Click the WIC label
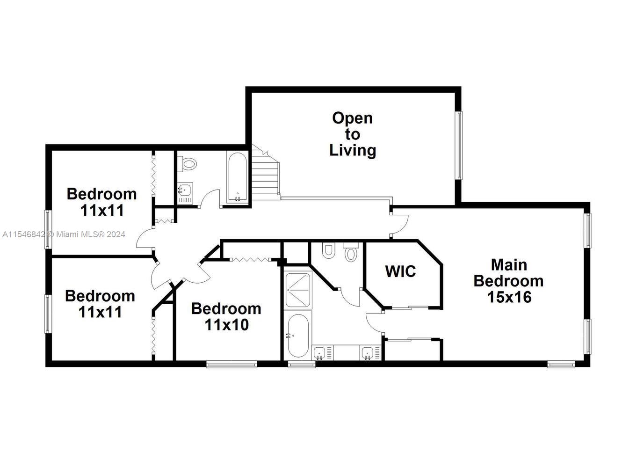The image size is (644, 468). click(x=400, y=271)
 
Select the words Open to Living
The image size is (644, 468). click(x=353, y=134)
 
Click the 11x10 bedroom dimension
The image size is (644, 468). click(x=226, y=325)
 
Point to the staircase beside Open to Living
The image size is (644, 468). click(x=266, y=173)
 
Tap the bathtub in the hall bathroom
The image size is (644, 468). click(x=238, y=177)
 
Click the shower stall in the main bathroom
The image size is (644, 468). click(x=298, y=290)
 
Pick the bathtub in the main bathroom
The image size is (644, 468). click(x=298, y=336)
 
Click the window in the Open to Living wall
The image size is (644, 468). click(x=460, y=146)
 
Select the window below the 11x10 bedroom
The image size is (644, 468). click(x=232, y=365)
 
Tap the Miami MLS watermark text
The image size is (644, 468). click(x=64, y=234)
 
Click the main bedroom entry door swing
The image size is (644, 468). click(x=400, y=225)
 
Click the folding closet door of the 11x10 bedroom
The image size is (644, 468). click(x=251, y=260)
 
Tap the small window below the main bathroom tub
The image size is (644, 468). click(x=302, y=365)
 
